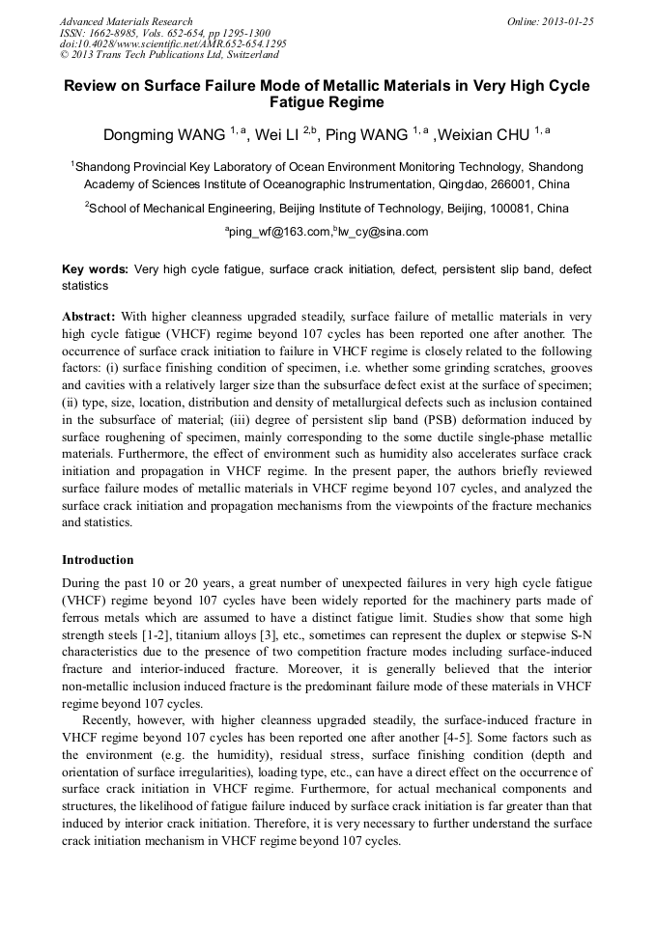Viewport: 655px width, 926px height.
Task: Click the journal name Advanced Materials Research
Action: pyautogui.click(x=126, y=21)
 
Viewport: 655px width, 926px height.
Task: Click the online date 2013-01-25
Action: pyautogui.click(x=567, y=21)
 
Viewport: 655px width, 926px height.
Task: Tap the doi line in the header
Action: pyautogui.click(x=173, y=44)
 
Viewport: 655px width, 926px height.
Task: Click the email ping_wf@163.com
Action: pyautogui.click(x=278, y=233)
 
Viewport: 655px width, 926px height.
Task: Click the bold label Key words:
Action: pyautogui.click(x=95, y=269)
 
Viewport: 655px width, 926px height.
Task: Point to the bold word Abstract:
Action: pyautogui.click(x=89, y=316)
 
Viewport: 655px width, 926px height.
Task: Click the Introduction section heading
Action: pyautogui.click(x=98, y=560)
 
